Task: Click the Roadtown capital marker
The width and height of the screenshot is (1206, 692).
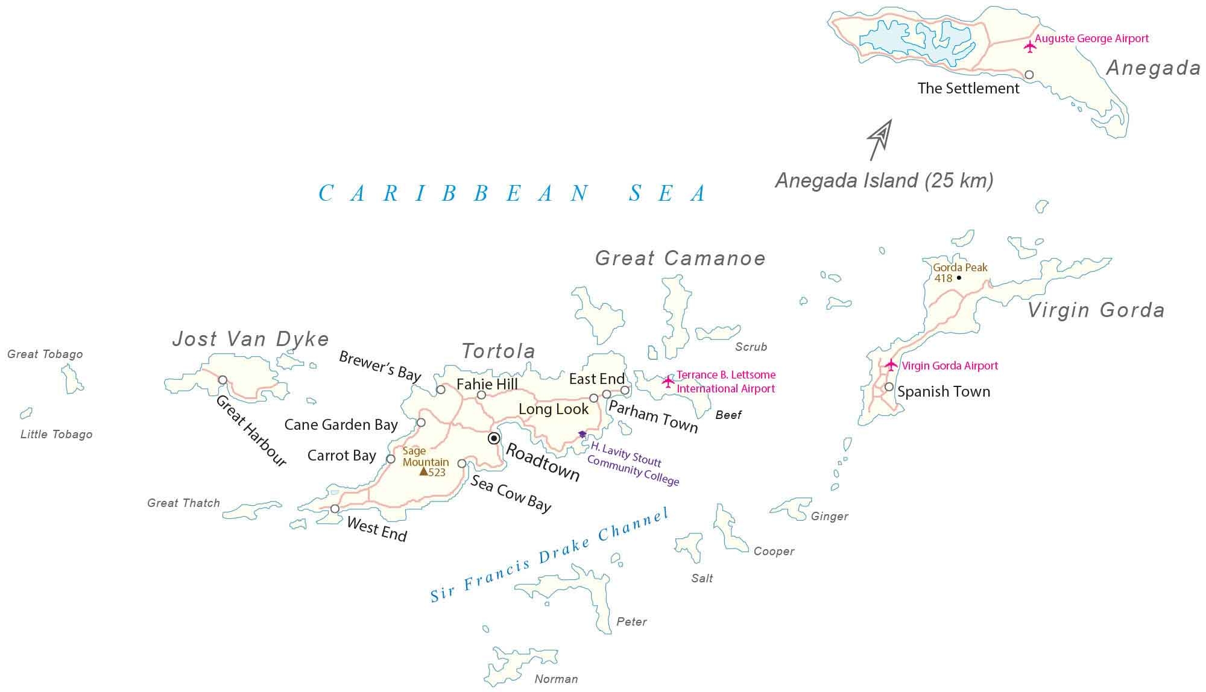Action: pos(494,438)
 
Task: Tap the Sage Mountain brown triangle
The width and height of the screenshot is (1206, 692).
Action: pos(424,471)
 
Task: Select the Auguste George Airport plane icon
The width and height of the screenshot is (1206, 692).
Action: pos(1030,46)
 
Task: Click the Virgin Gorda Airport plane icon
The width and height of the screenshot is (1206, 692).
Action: pos(891,365)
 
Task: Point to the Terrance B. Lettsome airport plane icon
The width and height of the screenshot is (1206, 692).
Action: pos(668,381)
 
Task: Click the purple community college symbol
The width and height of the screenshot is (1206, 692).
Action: pos(582,434)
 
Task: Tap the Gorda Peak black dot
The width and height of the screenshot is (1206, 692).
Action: pos(959,278)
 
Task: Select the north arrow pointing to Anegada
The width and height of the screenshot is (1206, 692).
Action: pos(880,139)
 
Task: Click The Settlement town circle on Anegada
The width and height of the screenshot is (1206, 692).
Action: pos(1029,75)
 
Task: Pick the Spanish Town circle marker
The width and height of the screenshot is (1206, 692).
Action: pos(889,387)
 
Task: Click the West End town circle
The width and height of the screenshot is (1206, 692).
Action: pos(335,509)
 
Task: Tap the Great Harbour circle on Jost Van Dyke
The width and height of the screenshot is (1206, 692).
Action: pos(223,380)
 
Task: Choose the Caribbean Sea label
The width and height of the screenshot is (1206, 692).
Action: pos(513,193)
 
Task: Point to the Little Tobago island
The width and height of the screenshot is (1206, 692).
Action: pos(26,414)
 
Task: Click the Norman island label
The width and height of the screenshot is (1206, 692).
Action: pos(556,679)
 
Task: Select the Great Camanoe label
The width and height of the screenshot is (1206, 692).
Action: pos(680,259)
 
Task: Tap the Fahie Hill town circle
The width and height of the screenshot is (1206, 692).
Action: pos(481,395)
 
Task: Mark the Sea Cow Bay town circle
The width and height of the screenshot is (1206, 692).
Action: pos(462,464)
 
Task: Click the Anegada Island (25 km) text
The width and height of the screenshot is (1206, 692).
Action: pos(884,180)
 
